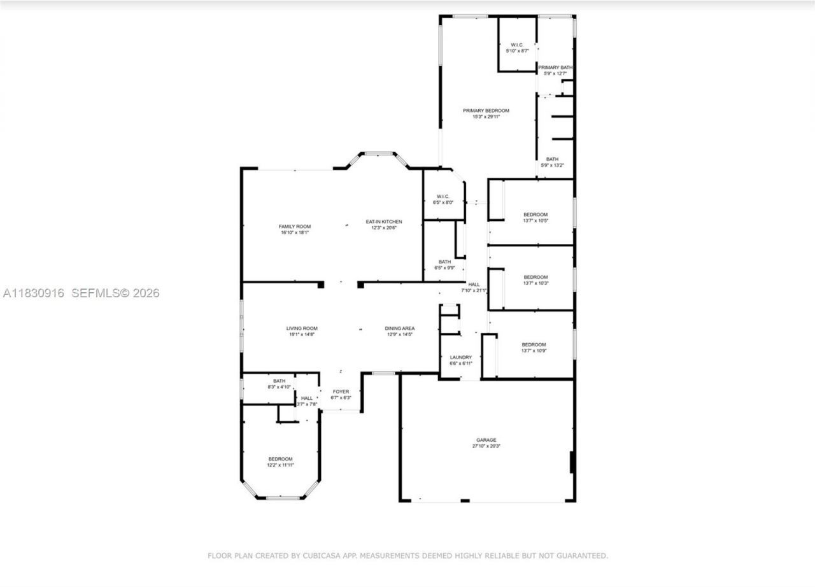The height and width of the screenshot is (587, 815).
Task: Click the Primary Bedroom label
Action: point(486,110)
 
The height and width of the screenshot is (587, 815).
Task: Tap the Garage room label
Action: point(486,440)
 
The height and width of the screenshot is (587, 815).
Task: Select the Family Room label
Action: point(295,227)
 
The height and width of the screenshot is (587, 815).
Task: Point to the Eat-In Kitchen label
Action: point(384,222)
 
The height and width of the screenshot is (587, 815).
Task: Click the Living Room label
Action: point(302,329)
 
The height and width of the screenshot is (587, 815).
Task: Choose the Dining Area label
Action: point(399,329)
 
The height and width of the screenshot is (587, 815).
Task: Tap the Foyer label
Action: point(341,392)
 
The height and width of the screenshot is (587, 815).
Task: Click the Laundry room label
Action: point(461,357)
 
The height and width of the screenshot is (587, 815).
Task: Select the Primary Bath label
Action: point(555,67)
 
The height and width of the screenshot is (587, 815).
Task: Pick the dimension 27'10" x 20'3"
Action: point(486,446)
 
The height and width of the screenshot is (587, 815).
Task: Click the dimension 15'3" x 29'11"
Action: point(486,117)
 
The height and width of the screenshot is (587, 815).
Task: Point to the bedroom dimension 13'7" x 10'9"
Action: point(534,351)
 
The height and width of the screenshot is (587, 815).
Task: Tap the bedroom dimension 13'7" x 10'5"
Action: point(535,221)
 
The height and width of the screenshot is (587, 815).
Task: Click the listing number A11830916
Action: point(34,293)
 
